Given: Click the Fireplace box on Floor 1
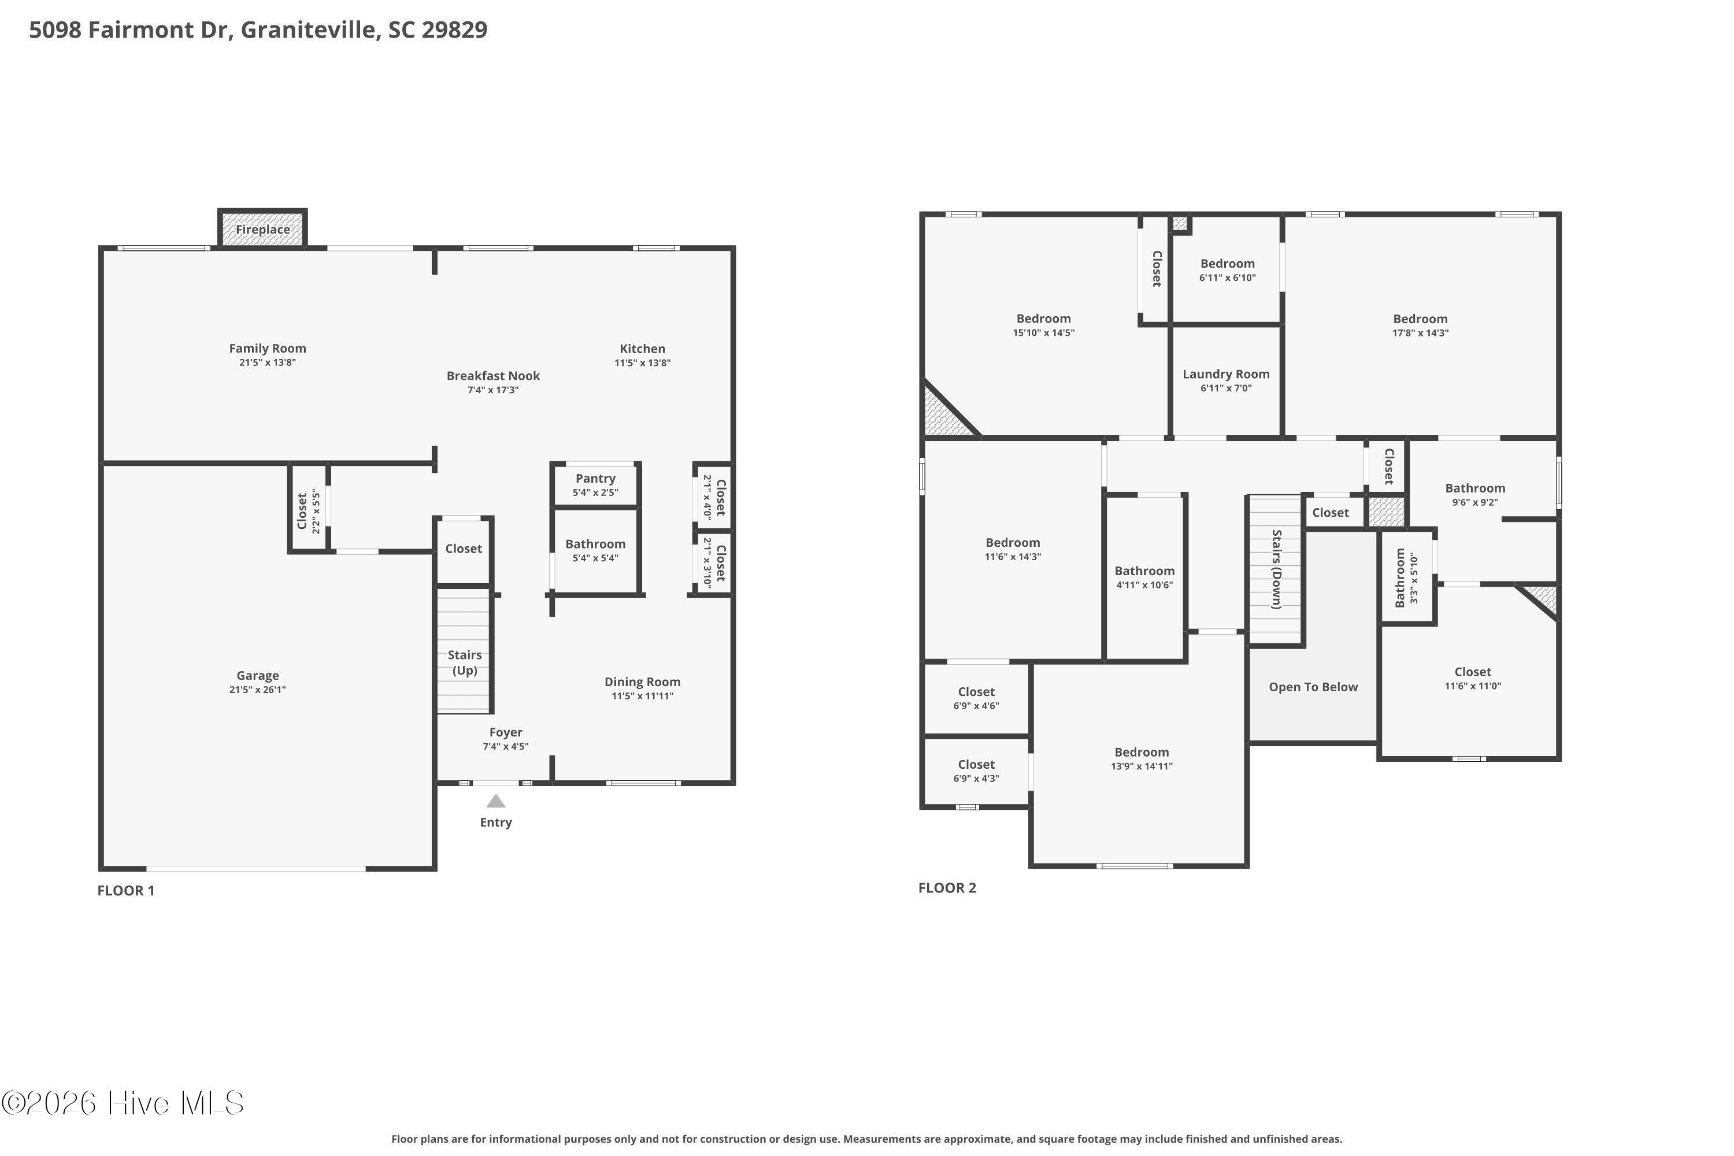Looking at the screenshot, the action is pos(262,228).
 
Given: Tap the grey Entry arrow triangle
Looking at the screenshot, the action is pos(495,801).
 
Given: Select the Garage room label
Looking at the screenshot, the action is pos(257,675).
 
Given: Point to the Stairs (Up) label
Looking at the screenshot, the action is pos(465,662).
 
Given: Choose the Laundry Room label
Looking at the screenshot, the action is pos(1226,374).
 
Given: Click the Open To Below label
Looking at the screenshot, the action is pos(1313,687).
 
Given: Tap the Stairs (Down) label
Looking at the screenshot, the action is pos(1276,569).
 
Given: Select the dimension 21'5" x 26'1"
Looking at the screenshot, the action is pos(257,690).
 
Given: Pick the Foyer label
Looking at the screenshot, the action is pos(505,732).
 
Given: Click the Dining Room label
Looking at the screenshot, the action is pos(642,682).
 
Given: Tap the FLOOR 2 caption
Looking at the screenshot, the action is pos(947,888).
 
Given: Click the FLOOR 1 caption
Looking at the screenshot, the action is pos(126,891).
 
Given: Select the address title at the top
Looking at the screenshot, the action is pos(258,29).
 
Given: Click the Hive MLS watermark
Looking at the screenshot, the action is pos(123,1103).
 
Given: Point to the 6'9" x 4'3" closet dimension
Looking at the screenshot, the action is pos(976,779).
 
